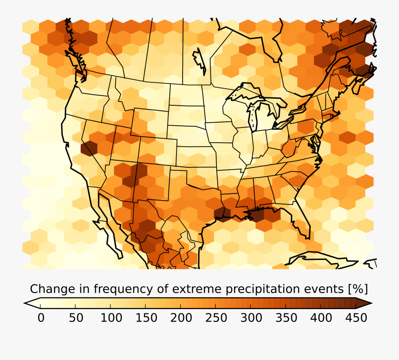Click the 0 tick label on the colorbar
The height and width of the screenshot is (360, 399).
(x=41, y=318)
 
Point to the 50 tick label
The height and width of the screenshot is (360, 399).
(x=75, y=318)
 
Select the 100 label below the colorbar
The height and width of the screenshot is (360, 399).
(x=111, y=318)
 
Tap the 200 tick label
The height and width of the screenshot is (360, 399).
(x=181, y=318)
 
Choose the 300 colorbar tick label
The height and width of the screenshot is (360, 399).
(x=251, y=318)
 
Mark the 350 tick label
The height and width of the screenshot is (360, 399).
(x=286, y=318)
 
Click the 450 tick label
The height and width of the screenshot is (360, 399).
(x=356, y=318)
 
